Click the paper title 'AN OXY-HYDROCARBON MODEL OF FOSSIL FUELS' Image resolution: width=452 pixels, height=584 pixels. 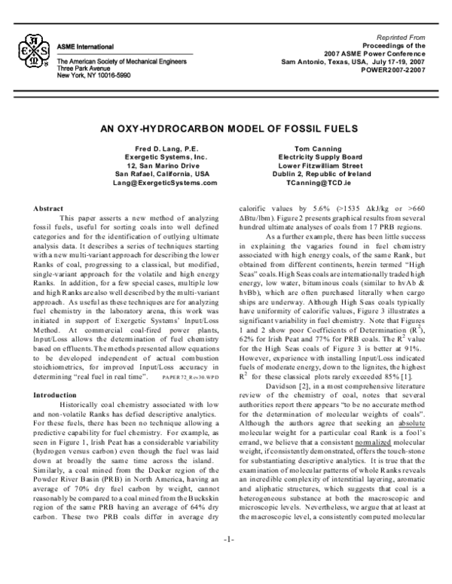click(226, 129)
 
